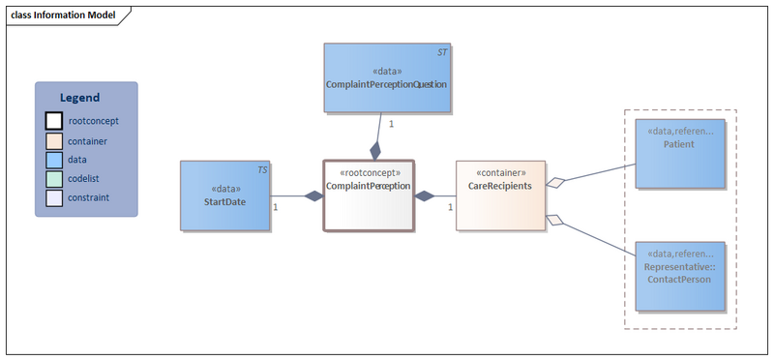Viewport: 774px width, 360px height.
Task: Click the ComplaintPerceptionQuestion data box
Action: click(386, 77)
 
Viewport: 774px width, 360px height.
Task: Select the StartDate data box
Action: click(224, 195)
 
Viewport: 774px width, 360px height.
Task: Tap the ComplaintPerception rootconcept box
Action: click(368, 195)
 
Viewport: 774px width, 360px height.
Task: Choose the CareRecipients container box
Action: click(500, 195)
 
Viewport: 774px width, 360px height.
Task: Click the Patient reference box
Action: click(680, 155)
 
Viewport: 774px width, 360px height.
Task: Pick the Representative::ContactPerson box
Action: click(680, 276)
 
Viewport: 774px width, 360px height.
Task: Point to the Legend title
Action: click(79, 98)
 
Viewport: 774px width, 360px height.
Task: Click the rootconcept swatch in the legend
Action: click(54, 121)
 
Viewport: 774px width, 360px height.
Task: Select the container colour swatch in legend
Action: click(54, 140)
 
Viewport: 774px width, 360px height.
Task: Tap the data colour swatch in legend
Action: click(54, 159)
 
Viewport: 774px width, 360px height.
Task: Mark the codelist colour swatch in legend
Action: click(54, 178)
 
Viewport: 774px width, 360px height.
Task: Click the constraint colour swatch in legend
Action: click(54, 196)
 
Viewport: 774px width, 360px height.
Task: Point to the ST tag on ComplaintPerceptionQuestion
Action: click(442, 51)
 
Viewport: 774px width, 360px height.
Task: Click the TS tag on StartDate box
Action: click(262, 169)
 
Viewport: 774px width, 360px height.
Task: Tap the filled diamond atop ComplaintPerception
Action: click(376, 150)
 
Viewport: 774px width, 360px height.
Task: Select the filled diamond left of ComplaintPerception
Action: click(312, 196)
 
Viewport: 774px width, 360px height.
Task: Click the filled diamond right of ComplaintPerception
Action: click(425, 196)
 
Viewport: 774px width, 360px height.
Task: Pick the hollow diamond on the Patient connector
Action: click(554, 182)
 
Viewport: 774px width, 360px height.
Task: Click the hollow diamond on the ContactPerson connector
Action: click(554, 221)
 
